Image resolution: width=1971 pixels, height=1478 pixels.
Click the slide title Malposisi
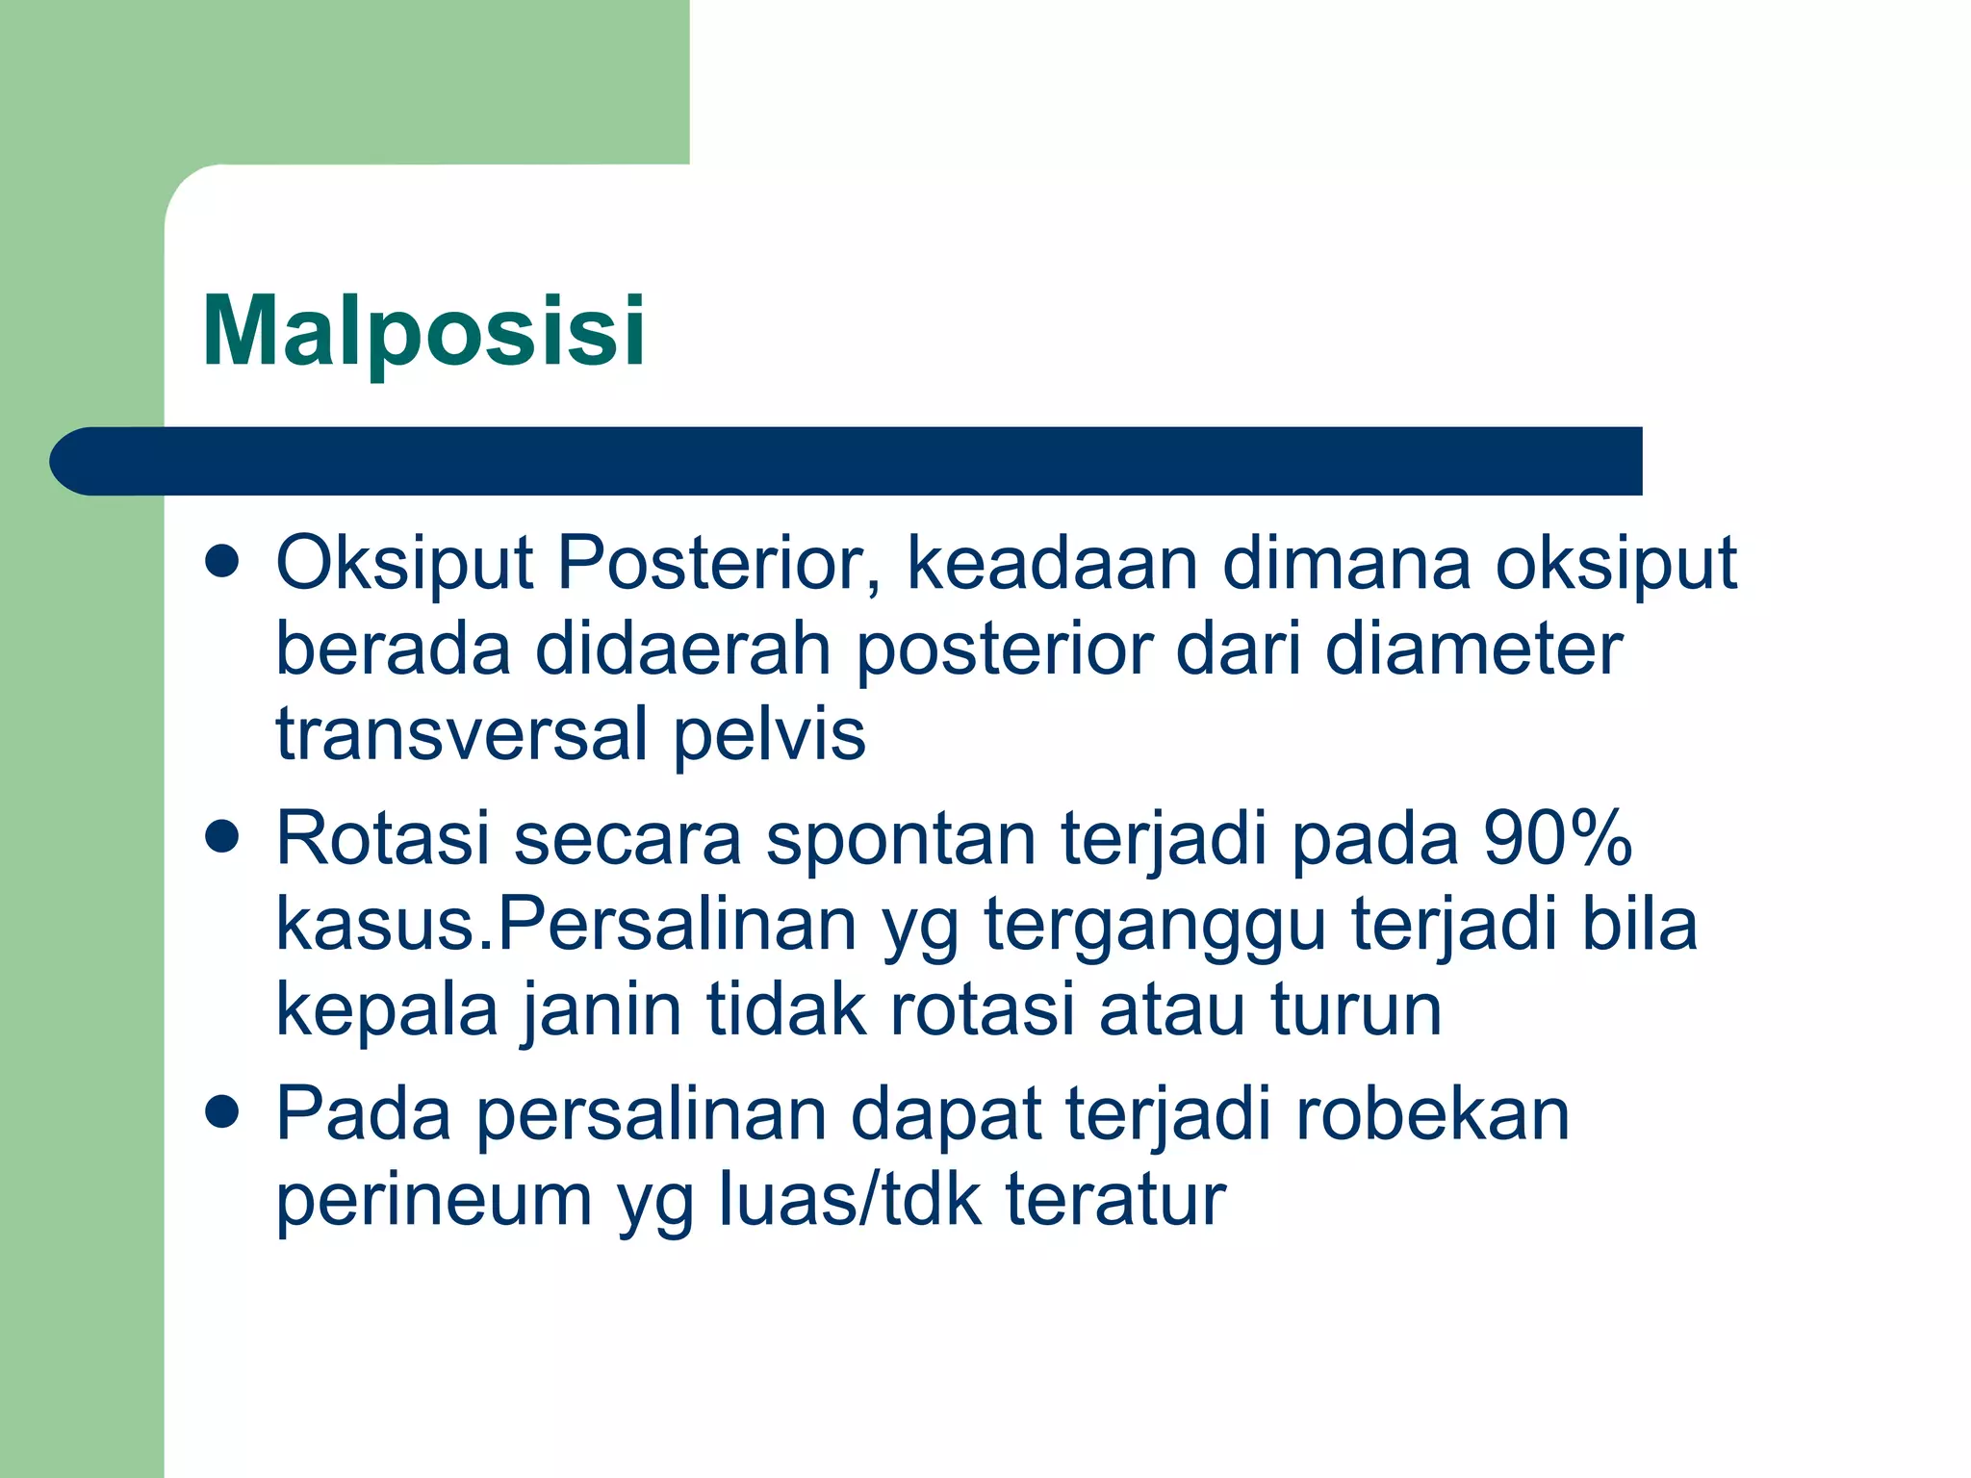click(x=423, y=332)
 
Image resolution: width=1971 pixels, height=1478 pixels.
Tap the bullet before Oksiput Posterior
click(x=222, y=561)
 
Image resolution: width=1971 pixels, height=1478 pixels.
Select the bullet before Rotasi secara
click(x=222, y=836)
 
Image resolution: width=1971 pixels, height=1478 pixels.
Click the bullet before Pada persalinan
click(x=222, y=1111)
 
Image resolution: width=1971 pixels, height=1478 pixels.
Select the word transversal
click(x=462, y=734)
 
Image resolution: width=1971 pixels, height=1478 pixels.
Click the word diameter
click(x=1473, y=650)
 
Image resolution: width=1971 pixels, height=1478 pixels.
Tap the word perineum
click(x=433, y=1201)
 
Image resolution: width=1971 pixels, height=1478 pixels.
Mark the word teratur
click(x=1115, y=1199)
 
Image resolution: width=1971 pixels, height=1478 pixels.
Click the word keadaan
click(x=1052, y=563)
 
